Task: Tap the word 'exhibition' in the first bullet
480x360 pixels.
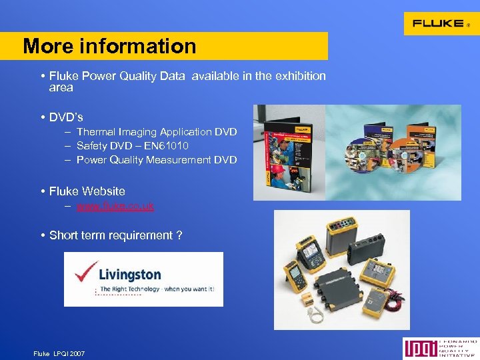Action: click(299, 76)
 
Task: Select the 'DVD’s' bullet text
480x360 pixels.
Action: click(66, 117)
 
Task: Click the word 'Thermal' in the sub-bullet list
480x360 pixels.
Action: click(95, 132)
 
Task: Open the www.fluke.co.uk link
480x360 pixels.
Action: click(115, 206)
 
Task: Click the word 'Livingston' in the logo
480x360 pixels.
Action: click(129, 274)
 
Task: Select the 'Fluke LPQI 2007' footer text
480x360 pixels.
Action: click(59, 353)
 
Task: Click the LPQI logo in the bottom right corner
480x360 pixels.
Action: click(440, 349)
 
